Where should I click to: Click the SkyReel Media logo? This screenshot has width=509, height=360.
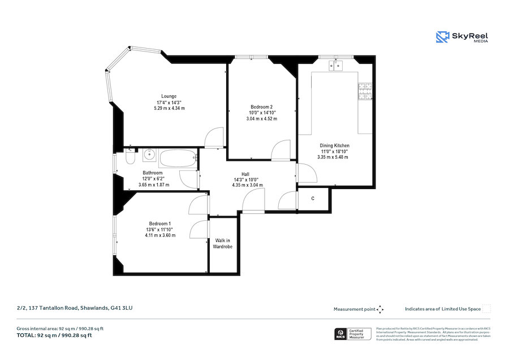[462, 37]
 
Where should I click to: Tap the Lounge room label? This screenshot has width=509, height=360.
[169, 96]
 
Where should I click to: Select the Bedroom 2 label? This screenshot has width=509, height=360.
[262, 107]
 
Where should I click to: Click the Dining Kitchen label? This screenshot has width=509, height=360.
[334, 145]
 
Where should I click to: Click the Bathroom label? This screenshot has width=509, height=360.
[153, 173]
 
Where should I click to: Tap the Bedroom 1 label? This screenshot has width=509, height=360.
[161, 223]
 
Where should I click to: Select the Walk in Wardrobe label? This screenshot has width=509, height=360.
[222, 243]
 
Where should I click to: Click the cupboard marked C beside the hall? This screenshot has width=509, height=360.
[313, 199]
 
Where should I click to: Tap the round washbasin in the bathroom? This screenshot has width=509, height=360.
[150, 154]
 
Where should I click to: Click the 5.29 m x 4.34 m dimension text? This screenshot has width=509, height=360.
[169, 108]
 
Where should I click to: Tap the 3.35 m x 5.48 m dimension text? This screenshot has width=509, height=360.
[334, 157]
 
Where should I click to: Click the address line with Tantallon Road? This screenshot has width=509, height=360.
[75, 308]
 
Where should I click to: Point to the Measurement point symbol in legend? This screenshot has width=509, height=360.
[380, 309]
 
